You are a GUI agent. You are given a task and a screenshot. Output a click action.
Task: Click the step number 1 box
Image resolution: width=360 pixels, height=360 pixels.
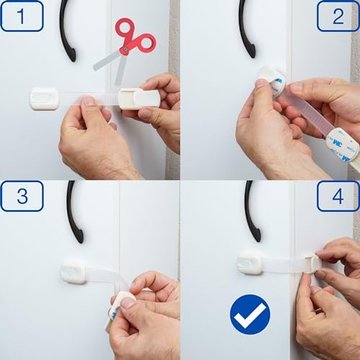22,16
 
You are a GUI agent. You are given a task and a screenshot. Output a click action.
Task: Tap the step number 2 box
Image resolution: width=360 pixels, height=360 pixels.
338,16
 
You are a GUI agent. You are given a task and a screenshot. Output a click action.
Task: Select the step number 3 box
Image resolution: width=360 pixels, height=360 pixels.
22,196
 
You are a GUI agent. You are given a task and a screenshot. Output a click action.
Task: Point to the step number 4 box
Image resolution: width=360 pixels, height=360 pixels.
338,196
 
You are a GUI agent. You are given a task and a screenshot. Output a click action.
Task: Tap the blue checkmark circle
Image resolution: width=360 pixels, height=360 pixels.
250,315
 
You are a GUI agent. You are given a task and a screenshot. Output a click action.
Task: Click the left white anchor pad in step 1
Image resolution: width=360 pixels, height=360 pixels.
45,99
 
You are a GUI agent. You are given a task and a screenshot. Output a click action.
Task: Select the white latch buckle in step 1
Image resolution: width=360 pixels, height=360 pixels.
139,99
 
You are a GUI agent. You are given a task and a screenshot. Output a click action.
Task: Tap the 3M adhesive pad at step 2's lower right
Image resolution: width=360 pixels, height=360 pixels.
343,144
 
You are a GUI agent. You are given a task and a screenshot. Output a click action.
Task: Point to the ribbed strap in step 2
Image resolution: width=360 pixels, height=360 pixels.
310,113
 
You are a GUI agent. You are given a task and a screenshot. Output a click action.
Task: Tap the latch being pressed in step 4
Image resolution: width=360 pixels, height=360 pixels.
312,264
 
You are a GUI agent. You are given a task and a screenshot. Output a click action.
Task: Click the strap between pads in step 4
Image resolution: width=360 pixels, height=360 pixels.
283,265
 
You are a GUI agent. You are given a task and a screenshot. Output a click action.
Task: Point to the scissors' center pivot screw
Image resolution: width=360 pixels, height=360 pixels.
125,50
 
